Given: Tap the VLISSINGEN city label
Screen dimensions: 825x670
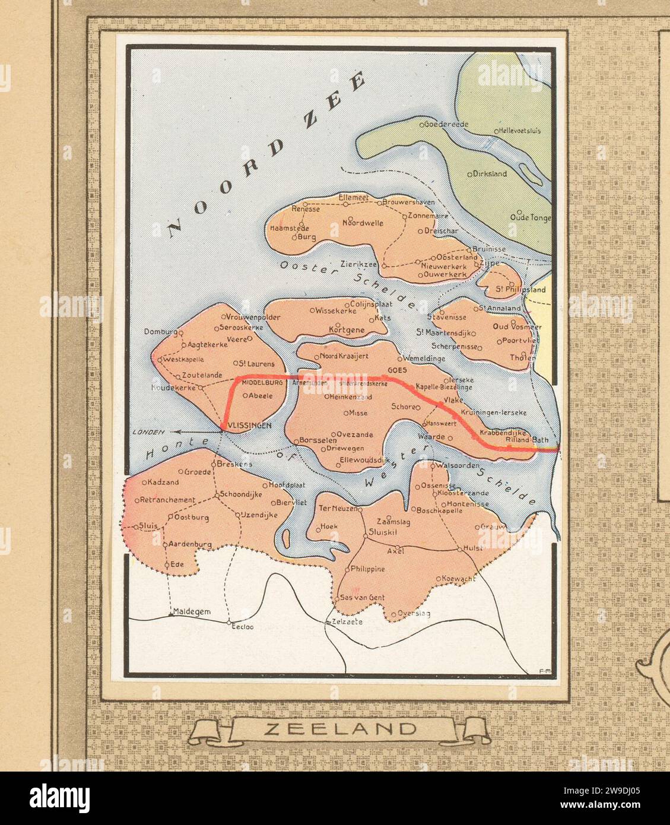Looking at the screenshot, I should pos(249,425).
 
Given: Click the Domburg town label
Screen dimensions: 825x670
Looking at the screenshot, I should pos(160,332).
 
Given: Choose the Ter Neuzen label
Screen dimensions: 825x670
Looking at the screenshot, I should pos(337,509).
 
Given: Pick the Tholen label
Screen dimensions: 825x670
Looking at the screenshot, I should pos(519,357).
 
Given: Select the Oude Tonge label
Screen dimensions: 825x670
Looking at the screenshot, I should pos(531,218).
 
